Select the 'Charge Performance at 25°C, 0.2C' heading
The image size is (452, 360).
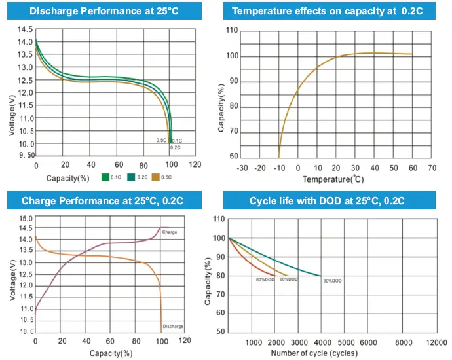[x=105, y=200]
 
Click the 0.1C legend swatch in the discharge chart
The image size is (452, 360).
[x=105, y=177]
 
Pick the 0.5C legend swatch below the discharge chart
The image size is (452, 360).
[x=155, y=177]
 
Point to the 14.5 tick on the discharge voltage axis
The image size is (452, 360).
[x=25, y=30]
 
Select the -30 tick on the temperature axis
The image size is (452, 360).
[x=242, y=168]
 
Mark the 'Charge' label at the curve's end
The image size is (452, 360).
[x=169, y=232]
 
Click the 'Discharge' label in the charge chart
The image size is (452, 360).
[x=174, y=326]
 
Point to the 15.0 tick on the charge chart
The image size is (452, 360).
[x=25, y=219]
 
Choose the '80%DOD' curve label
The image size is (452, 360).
[x=264, y=280]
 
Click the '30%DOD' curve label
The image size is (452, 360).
[x=332, y=281]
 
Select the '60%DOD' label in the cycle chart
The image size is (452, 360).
[x=290, y=280]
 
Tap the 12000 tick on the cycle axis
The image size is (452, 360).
[x=436, y=342]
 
